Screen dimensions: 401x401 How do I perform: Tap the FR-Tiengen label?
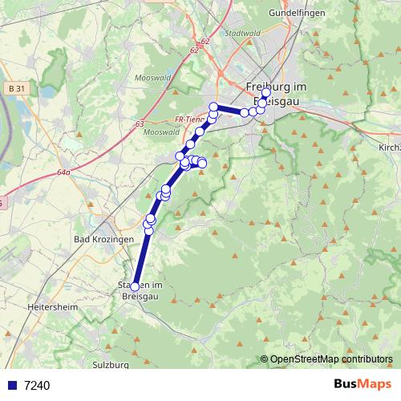click(x=190, y=119)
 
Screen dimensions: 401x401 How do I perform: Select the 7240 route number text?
click(x=37, y=385)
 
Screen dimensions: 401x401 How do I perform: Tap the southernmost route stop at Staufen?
click(x=135, y=286)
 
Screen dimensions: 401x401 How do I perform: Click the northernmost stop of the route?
click(x=266, y=92)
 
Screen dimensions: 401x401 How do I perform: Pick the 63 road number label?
click(x=140, y=124)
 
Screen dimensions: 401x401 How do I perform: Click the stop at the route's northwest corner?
click(x=213, y=107)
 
